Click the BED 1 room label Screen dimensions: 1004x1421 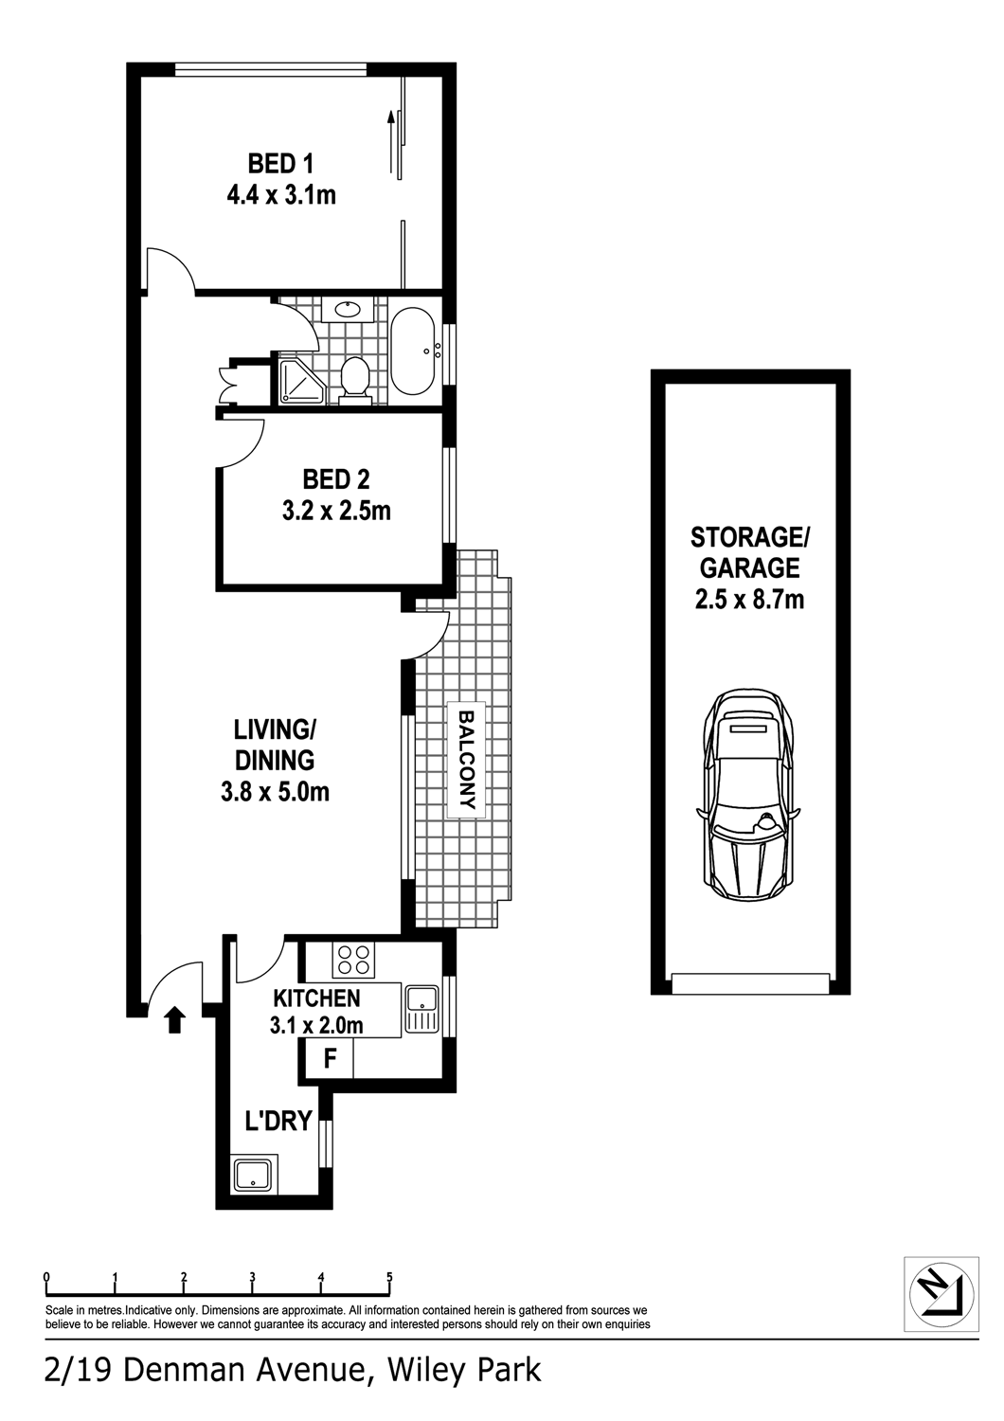(x=280, y=164)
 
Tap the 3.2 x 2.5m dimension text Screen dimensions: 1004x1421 (x=336, y=511)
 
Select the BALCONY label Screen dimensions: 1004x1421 (x=467, y=760)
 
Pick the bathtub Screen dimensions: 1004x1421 (x=412, y=351)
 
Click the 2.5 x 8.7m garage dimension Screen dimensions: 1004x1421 (x=749, y=600)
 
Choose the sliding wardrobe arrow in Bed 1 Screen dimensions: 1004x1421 (x=392, y=142)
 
